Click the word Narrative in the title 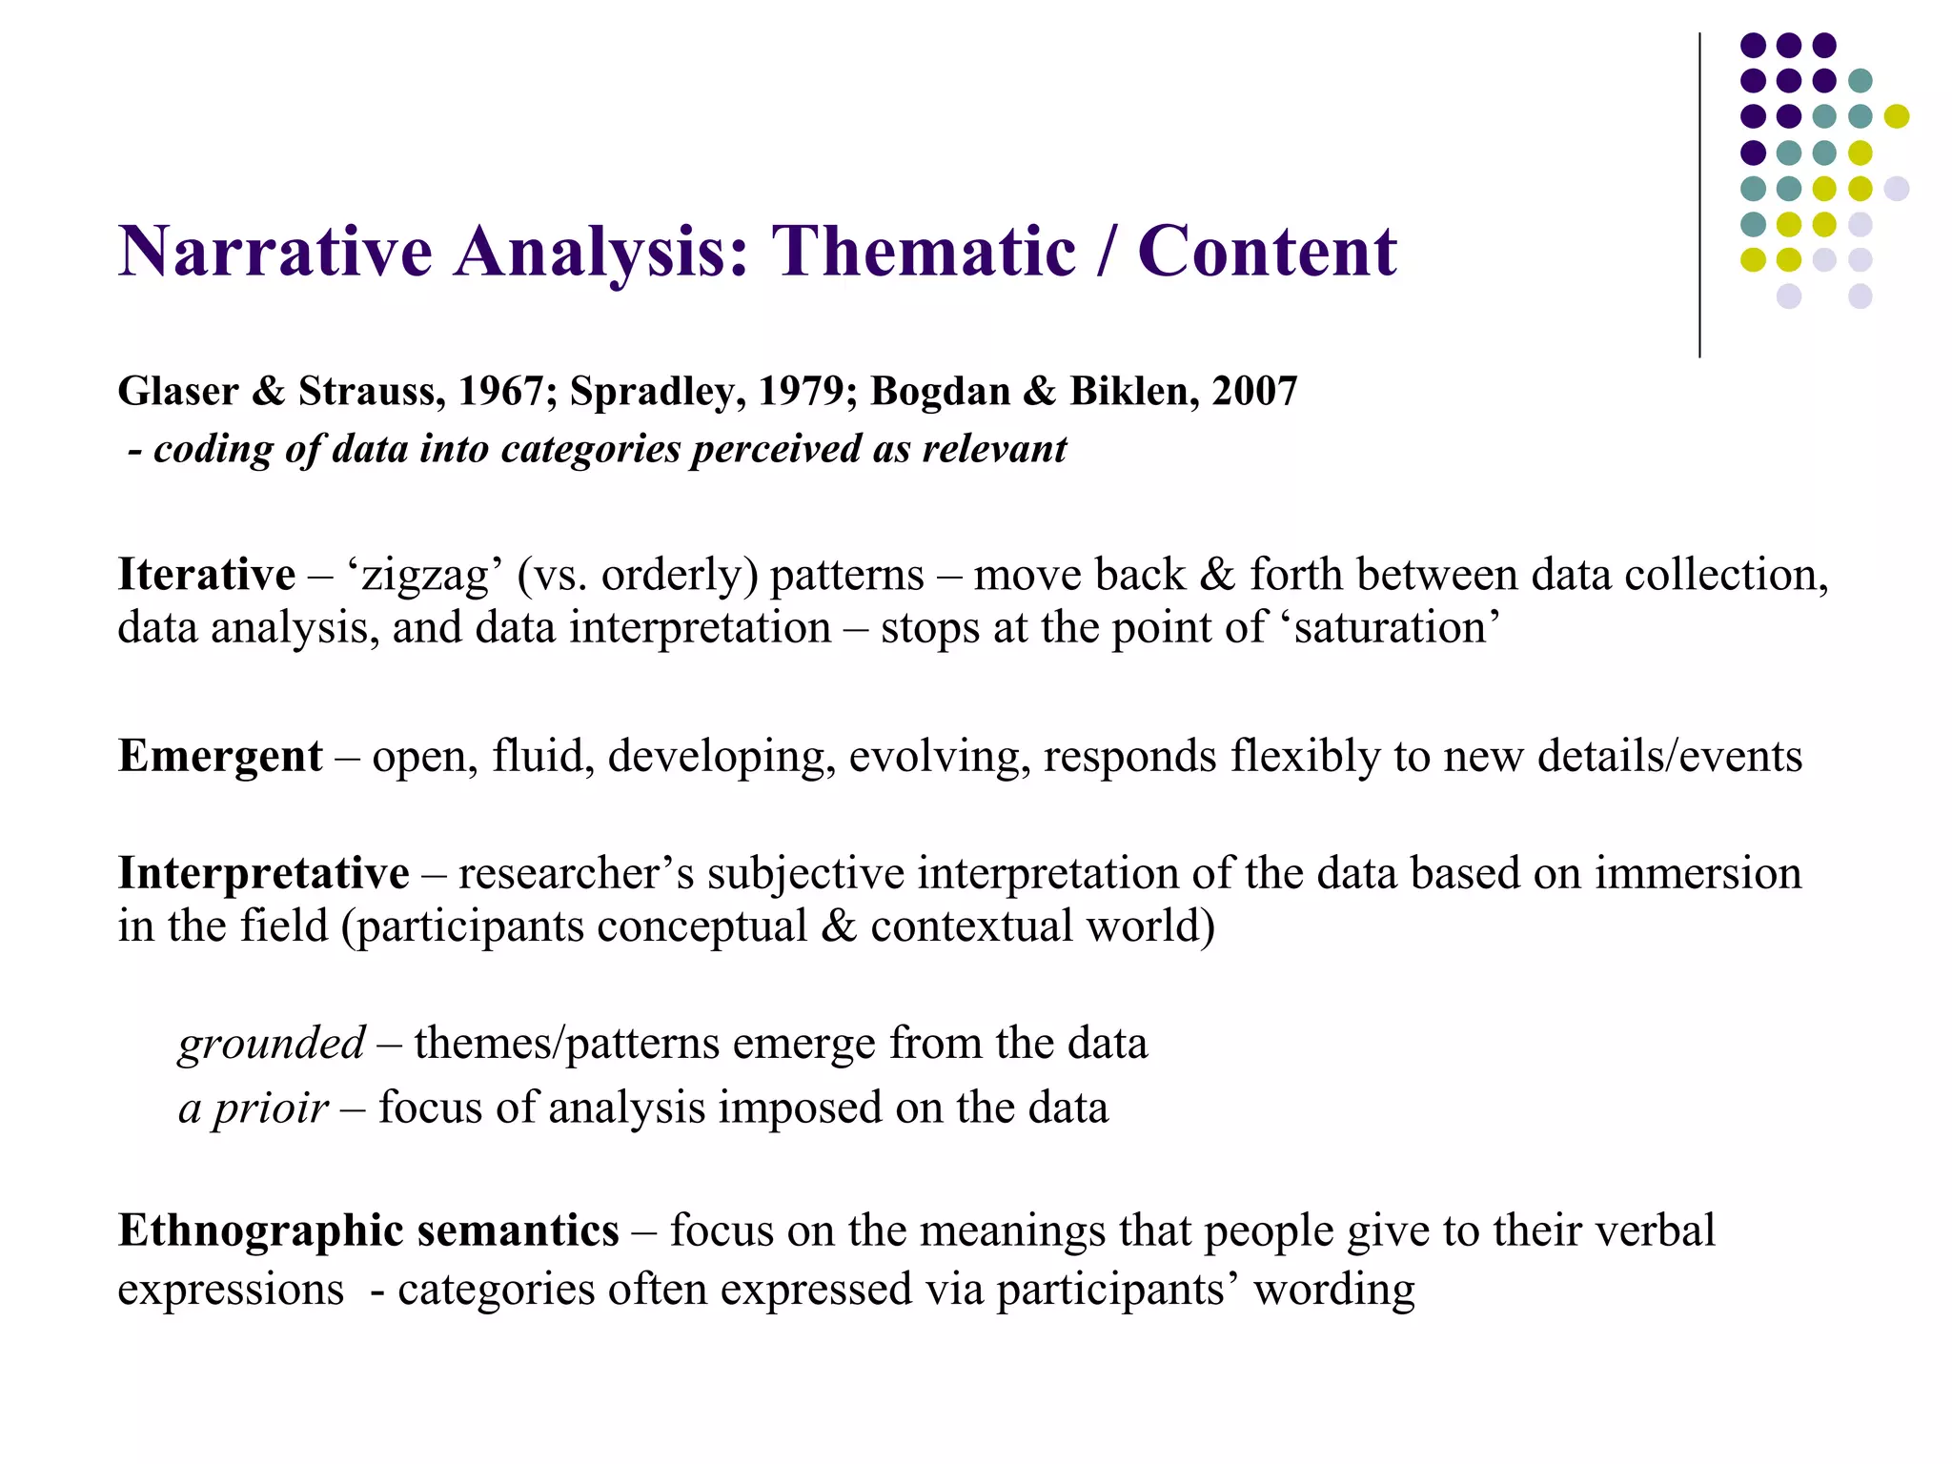[275, 252]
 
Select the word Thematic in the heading [924, 252]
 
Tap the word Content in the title [1267, 252]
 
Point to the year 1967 [500, 392]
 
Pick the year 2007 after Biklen [1254, 392]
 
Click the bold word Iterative [206, 575]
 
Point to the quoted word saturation [1396, 628]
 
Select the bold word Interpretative [263, 873]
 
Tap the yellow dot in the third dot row [1896, 116]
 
